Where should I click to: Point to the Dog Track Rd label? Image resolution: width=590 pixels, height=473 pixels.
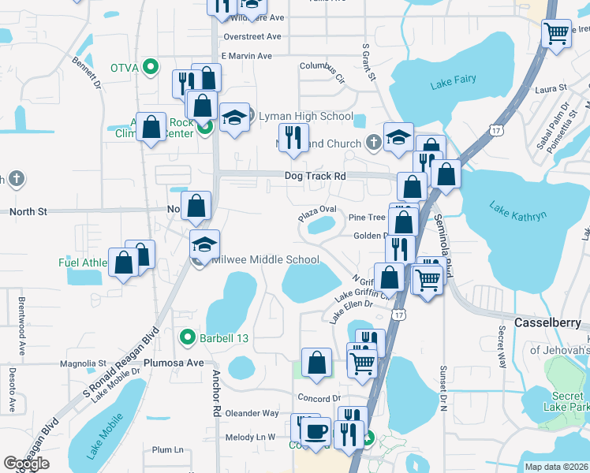click(x=316, y=177)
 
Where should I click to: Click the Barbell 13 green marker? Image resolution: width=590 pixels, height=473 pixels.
click(x=188, y=337)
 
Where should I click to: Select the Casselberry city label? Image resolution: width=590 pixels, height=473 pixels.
click(x=547, y=323)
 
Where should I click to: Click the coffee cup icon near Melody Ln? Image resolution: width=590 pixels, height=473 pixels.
click(x=316, y=432)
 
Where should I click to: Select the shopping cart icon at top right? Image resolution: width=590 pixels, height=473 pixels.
click(x=557, y=33)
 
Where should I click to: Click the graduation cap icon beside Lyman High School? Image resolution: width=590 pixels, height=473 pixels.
click(x=234, y=117)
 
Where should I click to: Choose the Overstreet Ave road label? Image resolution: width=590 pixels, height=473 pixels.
click(x=252, y=36)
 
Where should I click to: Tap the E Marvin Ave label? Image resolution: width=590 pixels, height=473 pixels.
click(x=246, y=56)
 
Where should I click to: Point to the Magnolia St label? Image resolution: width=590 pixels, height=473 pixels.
click(x=83, y=364)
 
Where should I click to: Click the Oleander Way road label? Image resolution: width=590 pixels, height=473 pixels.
click(x=252, y=413)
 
